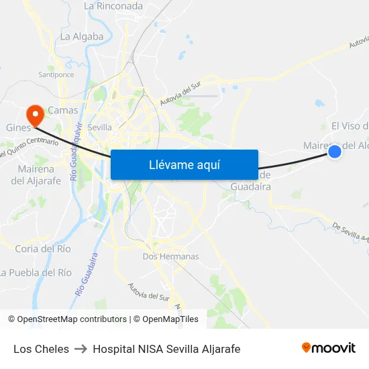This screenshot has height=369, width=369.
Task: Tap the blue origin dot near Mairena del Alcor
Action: coord(334,152)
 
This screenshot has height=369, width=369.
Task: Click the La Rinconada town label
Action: coord(113,6)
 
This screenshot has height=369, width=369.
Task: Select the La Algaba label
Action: coord(82,37)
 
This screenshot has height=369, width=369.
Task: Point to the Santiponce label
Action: coord(56,74)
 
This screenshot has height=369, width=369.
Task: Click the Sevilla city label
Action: coord(100,127)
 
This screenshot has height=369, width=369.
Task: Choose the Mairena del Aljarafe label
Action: coord(36,174)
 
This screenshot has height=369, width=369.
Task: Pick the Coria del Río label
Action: coord(43,249)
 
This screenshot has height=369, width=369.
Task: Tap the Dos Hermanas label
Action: coord(170,256)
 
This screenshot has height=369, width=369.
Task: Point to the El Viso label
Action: coord(350,126)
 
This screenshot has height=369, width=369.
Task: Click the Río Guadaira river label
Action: coord(88,274)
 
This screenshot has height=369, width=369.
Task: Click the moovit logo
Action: coord(328,348)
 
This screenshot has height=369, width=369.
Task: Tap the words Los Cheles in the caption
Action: coord(41,349)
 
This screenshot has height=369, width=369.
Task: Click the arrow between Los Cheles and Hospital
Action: coord(81,349)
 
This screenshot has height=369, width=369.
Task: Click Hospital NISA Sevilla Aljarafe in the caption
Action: coord(166,349)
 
